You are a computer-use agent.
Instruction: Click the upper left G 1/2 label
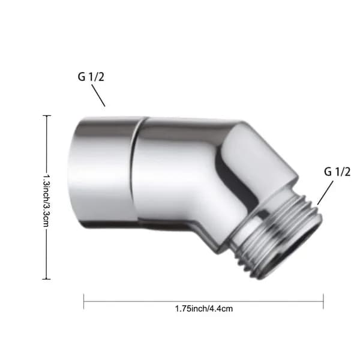[91, 76]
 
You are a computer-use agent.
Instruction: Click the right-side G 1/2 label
[337, 172]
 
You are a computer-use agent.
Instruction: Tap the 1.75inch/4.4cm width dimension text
[204, 308]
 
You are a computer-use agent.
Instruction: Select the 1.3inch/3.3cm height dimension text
[47, 201]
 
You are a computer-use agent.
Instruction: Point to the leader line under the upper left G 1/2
[98, 95]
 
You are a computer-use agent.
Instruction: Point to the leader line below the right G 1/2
[325, 193]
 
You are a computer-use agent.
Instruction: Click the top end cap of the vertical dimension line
[47, 115]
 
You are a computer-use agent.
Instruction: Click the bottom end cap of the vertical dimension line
[47, 279]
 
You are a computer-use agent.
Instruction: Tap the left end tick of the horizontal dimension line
[84, 301]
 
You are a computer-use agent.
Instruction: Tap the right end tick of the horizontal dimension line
[323, 301]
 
